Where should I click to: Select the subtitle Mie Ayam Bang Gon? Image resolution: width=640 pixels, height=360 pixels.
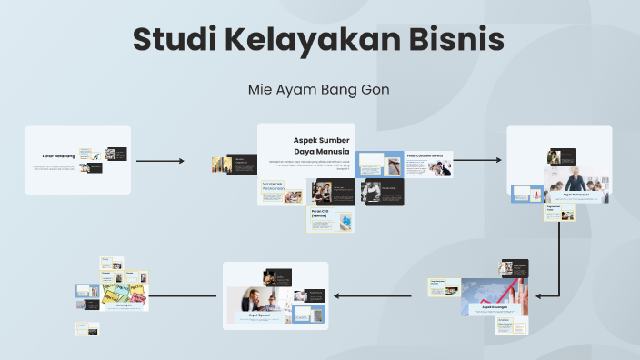coord(319,91)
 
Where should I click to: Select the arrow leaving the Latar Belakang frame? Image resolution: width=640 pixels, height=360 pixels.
coord(160,161)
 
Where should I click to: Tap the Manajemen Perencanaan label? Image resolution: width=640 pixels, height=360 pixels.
coord(273,185)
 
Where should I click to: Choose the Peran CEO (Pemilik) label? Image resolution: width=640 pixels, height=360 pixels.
coord(320,214)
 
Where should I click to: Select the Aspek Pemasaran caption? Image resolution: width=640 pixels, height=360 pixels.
coord(576,195)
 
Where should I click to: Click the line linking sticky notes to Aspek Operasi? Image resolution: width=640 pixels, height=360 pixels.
coord(185,295)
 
